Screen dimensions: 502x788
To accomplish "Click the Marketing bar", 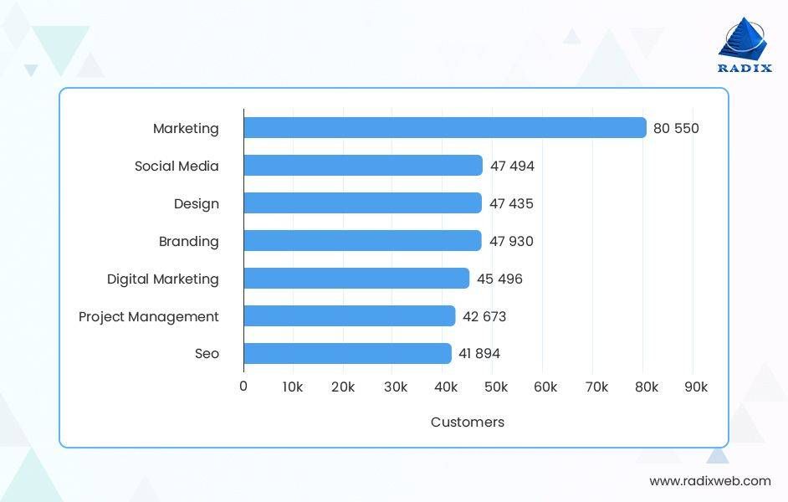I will tap(444, 128).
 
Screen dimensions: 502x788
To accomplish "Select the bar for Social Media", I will tap(363, 166).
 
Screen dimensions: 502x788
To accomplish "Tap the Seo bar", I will tap(347, 354).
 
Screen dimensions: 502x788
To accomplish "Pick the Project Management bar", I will tap(350, 316).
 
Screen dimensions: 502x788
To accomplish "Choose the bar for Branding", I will tap(362, 241).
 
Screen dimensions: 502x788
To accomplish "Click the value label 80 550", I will tap(676, 129).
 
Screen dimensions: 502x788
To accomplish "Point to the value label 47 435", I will tap(511, 204).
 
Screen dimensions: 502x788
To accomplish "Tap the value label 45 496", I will tap(499, 279).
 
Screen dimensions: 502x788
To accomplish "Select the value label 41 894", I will tap(479, 354).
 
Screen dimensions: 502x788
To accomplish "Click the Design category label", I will tap(197, 204).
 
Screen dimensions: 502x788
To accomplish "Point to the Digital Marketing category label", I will tap(163, 279).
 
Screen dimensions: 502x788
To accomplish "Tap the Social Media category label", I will tap(177, 166).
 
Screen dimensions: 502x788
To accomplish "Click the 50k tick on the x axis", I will tap(496, 387).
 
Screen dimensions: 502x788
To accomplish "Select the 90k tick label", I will tap(696, 387).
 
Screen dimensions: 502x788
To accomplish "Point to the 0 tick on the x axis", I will tap(243, 387).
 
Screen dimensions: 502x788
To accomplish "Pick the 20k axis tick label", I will tap(343, 387).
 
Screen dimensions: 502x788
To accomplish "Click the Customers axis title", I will tap(468, 423).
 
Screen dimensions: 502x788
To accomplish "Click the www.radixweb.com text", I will tap(710, 481).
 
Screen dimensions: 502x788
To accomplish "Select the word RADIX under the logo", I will tap(745, 69).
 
